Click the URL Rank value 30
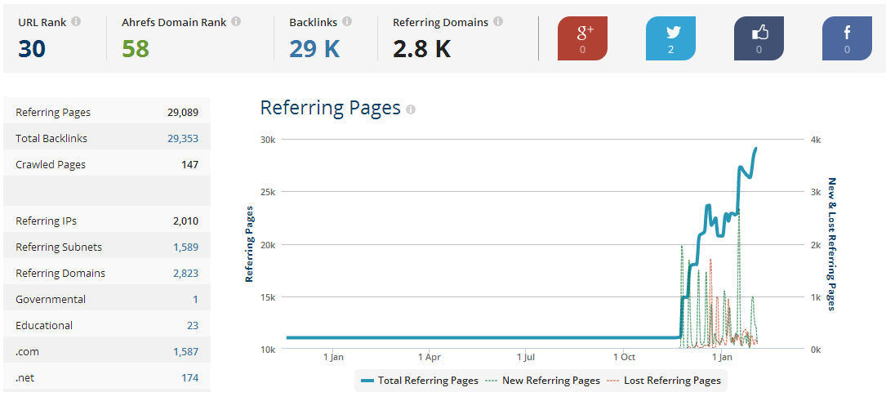pos(32,49)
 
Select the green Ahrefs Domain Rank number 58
pos(136,49)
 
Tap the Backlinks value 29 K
pos(314,49)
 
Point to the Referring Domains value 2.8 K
pos(422,49)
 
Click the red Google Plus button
pos(582,38)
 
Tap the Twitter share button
pos(670,38)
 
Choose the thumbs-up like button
pos(759,38)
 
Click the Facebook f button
pos(847,38)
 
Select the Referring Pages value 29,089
pos(183,113)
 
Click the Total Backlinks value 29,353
pos(183,139)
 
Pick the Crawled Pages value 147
pos(190,164)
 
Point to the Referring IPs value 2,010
pos(186,221)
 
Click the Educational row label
pos(44,325)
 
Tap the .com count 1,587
pos(186,352)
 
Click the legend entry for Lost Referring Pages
pos(664,381)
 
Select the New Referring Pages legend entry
pos(542,381)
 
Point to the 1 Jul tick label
pos(526,358)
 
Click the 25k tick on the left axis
pos(268,192)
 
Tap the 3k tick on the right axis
pos(816,192)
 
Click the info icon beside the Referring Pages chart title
pos(411,109)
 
